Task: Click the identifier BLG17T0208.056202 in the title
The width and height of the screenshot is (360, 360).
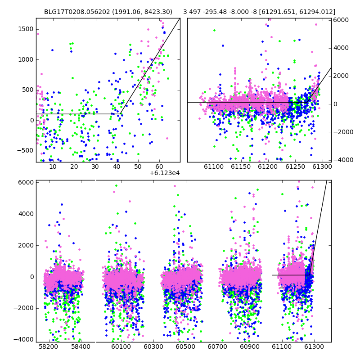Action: click(x=77, y=12)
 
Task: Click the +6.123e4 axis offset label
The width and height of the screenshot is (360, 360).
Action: click(x=164, y=173)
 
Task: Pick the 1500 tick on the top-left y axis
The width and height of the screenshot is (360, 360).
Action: click(x=26, y=29)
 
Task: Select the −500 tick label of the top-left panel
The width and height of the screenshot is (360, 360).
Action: click(x=25, y=151)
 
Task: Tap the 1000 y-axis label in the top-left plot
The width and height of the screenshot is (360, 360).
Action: click(x=26, y=59)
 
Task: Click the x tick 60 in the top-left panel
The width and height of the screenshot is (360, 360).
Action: click(x=159, y=166)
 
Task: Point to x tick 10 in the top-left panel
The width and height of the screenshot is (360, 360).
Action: click(x=53, y=166)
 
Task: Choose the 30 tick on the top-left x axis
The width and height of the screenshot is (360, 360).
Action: click(x=95, y=166)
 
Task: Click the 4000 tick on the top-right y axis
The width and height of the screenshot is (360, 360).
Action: click(x=341, y=48)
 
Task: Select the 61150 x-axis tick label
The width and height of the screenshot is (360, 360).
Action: click(x=241, y=166)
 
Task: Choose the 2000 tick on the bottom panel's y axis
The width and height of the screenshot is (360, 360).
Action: click(x=26, y=245)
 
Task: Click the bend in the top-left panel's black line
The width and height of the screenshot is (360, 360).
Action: click(x=120, y=114)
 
